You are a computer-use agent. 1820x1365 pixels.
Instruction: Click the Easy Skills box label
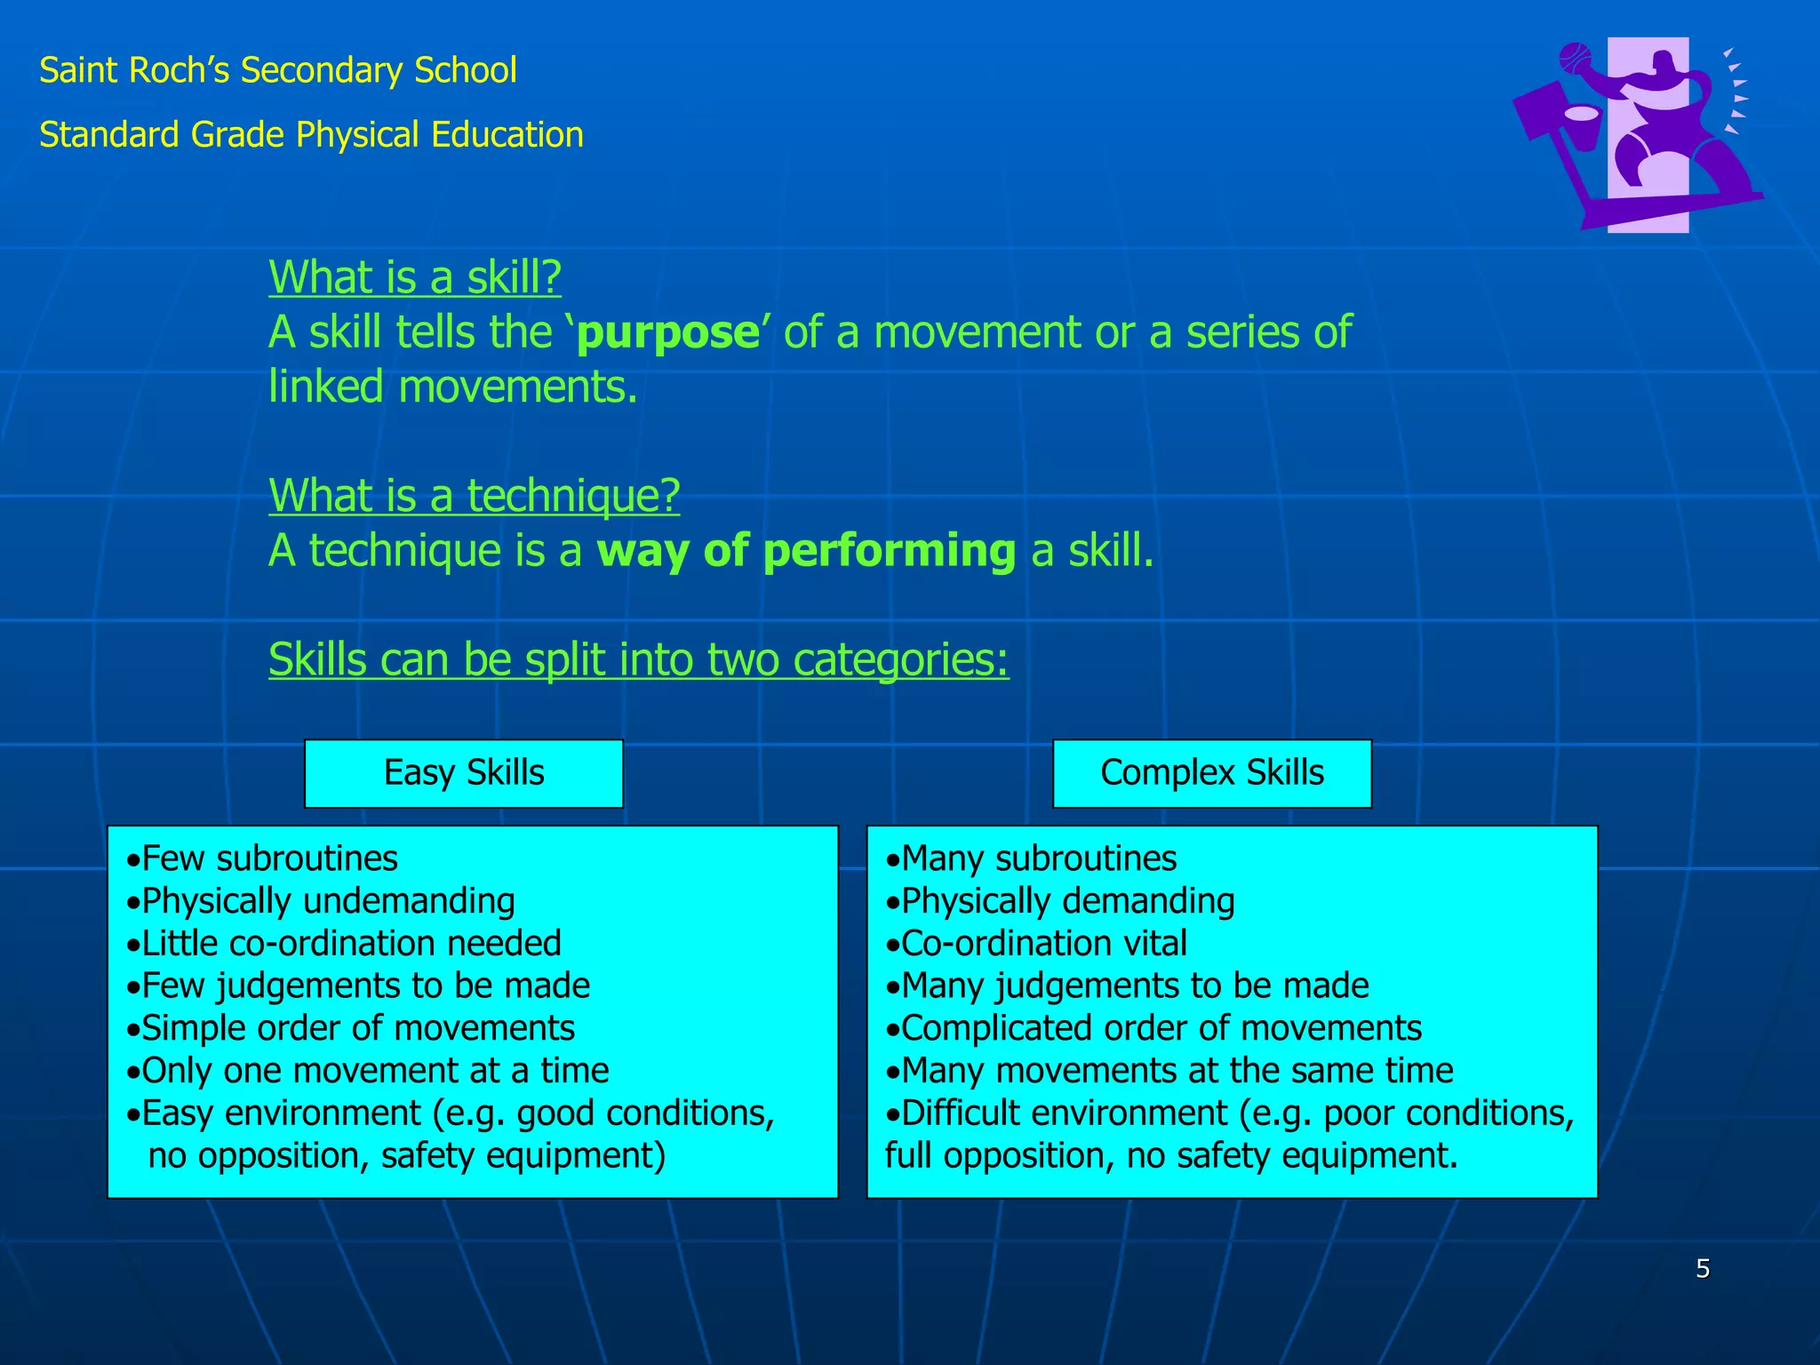pos(463,773)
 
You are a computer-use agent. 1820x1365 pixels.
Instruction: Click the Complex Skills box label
pos(1211,773)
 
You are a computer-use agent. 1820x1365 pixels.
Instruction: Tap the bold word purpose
pos(668,333)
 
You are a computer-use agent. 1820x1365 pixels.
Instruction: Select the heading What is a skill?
pos(415,277)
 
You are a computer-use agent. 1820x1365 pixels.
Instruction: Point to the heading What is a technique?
pos(474,496)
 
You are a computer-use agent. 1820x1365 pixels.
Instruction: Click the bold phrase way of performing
pos(806,551)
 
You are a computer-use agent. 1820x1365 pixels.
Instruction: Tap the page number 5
pos(1702,1269)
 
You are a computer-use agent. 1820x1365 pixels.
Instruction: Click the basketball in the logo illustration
pos(1576,60)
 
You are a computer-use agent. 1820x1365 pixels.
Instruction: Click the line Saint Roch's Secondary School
pos(278,71)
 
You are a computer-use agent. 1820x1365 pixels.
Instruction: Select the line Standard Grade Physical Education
pos(311,135)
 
